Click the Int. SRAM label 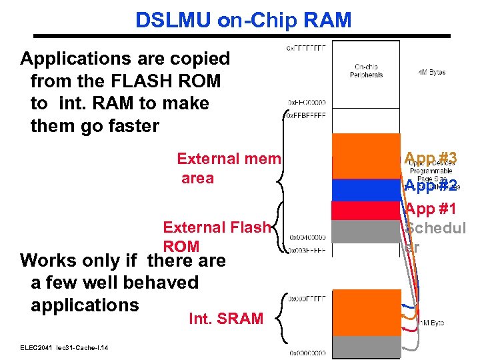coord(226,319)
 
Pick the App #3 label coord(431,158)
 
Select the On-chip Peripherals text coord(366,70)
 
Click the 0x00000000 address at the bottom coord(307,353)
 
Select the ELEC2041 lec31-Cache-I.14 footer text coord(64,348)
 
